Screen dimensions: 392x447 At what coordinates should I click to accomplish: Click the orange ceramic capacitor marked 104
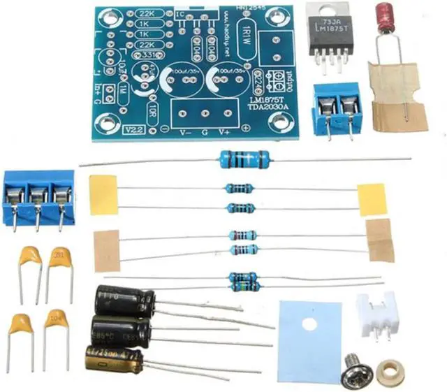click(x=55, y=321)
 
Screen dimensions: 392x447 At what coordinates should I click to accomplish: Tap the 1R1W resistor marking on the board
click(x=245, y=41)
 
